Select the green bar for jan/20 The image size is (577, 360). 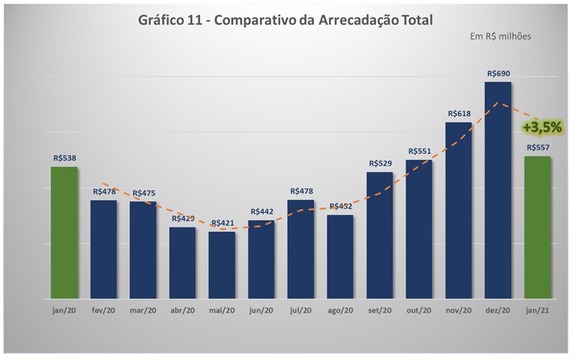point(64,233)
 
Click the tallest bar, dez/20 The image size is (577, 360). point(498,190)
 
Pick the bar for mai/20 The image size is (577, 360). point(222,265)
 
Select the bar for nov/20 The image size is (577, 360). point(458,210)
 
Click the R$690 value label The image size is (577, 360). point(498,74)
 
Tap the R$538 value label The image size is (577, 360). point(64,158)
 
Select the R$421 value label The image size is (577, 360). point(222,223)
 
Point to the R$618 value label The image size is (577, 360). point(458,114)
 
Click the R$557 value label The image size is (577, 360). point(537,147)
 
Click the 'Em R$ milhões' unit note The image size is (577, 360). point(500,36)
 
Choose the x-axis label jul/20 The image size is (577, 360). point(301,310)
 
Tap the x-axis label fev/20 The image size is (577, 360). point(104,310)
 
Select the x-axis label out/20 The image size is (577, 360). point(419,310)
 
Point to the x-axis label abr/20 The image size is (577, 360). point(182,310)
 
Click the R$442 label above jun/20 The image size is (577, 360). point(261,212)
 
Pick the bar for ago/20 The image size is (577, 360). point(340,257)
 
